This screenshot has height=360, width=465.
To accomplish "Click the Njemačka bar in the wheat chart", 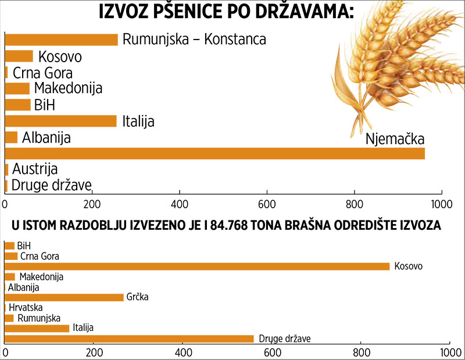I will point(215,154).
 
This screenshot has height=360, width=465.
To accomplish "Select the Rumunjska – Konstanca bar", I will point(62,40).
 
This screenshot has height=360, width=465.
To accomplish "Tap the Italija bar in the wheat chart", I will point(61,121).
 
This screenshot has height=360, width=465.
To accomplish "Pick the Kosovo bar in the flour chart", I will point(197,266).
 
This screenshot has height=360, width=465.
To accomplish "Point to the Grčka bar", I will point(64,297).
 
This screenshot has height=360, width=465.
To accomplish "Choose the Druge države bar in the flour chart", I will point(129,338).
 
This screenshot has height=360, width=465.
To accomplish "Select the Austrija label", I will point(35,170).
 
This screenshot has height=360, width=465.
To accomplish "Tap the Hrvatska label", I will point(26,308).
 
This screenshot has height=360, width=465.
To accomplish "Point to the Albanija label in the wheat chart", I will point(46,138).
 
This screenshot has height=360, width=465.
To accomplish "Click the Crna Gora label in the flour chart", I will point(40,256).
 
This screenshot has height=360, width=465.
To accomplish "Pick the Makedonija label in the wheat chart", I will point(68,88).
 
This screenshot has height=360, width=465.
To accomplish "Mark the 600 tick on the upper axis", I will point(267,204).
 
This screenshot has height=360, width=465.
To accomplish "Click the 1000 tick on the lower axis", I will point(447,352).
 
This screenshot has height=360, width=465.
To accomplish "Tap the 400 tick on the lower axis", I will point(183,352).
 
